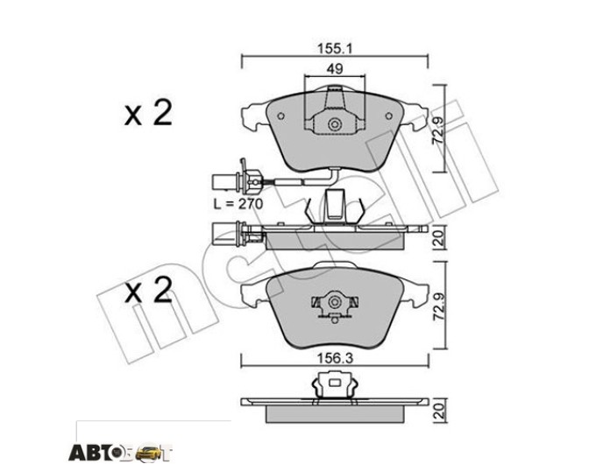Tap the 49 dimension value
point(335,69)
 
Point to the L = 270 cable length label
point(238,204)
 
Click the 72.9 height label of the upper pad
point(438,130)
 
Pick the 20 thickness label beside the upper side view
point(438,239)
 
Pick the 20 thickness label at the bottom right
point(438,411)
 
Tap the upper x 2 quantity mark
point(149,113)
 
